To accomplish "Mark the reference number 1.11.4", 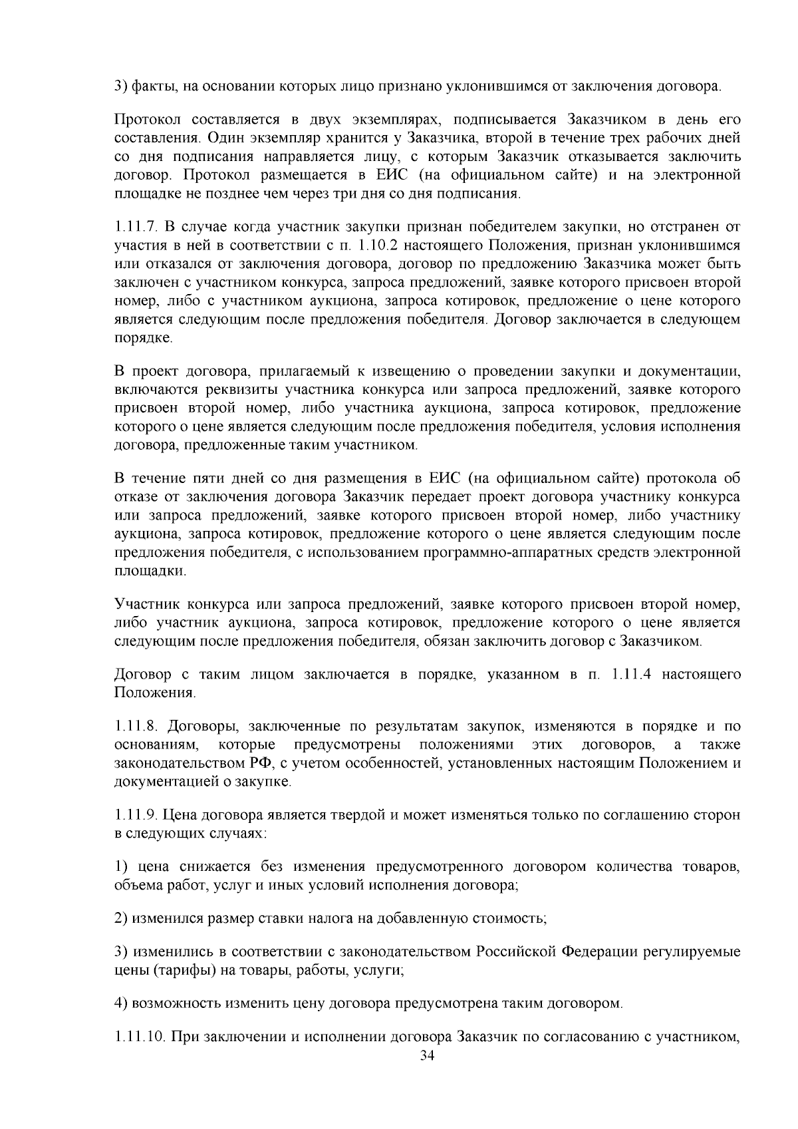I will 626,675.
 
